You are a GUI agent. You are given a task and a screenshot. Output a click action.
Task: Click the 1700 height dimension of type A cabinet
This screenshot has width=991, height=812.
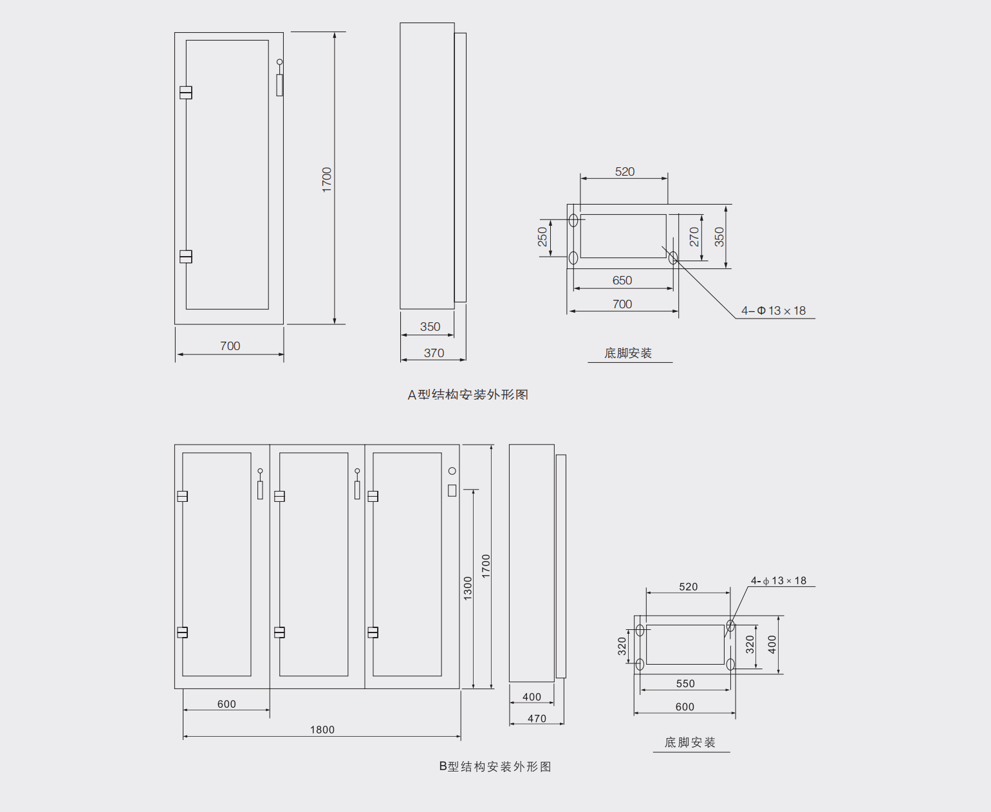[327, 180]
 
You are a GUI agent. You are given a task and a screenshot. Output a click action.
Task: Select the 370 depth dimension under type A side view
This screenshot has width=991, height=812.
[434, 353]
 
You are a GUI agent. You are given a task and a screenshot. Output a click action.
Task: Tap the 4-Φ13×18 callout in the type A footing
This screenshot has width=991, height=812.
[773, 311]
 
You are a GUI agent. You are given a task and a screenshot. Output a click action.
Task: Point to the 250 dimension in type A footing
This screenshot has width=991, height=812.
[542, 237]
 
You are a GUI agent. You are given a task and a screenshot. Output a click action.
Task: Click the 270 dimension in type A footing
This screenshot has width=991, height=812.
[694, 237]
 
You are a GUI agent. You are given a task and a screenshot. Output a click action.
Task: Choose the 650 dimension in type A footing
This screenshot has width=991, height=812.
[622, 281]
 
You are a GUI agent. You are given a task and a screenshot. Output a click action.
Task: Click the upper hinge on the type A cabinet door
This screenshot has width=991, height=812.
[186, 93]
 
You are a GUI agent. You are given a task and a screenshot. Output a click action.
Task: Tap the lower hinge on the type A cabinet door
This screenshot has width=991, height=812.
[186, 257]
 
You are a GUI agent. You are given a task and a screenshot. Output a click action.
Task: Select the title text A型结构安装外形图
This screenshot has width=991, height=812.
[468, 394]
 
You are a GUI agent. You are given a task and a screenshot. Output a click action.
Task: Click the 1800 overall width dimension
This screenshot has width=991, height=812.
[322, 730]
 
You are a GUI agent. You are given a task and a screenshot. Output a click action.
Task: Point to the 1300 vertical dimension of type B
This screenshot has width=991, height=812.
[468, 588]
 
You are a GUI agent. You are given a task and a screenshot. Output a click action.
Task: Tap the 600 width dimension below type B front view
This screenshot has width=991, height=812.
[227, 704]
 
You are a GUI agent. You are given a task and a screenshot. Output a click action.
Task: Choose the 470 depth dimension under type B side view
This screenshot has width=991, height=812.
[537, 719]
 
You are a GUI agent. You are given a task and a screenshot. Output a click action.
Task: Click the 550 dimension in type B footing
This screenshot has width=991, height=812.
[685, 684]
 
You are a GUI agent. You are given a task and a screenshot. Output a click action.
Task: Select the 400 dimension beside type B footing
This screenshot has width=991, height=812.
[772, 644]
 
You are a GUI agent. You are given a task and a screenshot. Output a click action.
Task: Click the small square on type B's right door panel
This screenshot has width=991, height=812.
[452, 490]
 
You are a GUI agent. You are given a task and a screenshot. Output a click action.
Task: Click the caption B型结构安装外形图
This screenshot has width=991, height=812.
[495, 766]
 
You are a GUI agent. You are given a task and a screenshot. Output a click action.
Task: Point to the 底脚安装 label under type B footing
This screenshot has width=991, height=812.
[690, 743]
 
